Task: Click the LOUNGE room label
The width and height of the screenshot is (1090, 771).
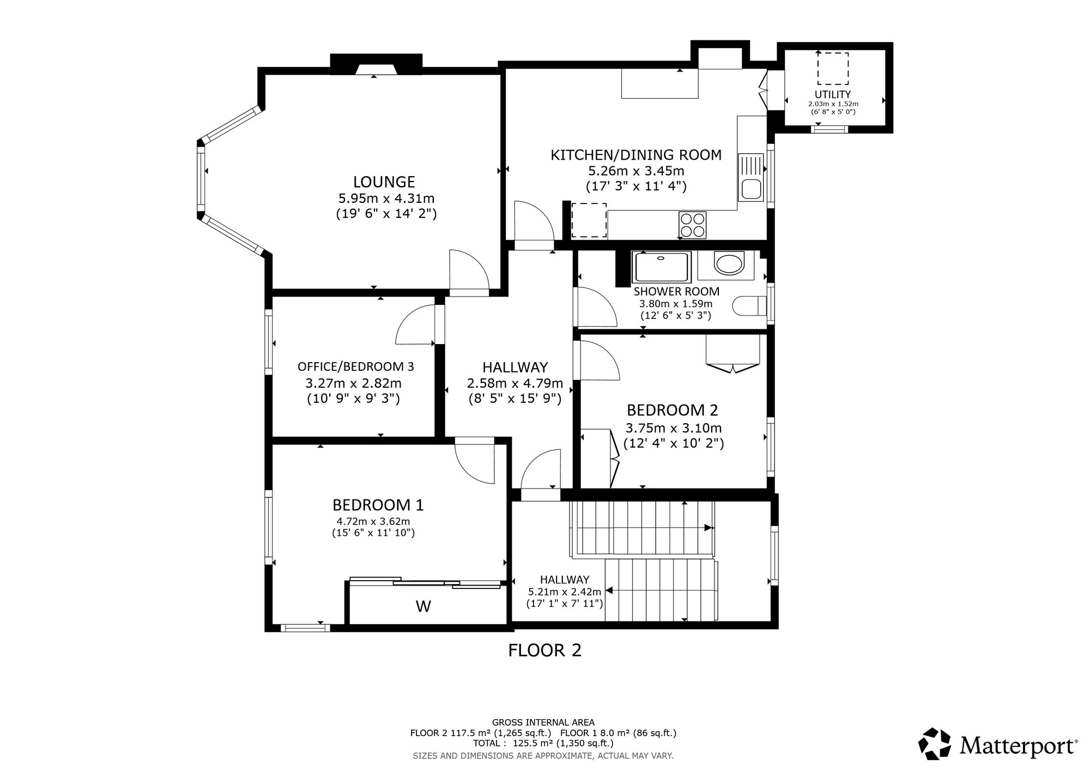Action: coord(384,182)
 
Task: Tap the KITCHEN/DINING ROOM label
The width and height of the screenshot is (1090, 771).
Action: coord(636,155)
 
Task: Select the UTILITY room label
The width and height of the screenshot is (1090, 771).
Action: coord(833,94)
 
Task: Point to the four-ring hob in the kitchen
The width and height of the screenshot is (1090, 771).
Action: coord(692,225)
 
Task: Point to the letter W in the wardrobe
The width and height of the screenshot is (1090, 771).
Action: coord(423,606)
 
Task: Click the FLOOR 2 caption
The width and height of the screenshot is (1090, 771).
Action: coord(545,650)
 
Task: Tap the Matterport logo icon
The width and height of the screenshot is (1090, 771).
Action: coord(936,743)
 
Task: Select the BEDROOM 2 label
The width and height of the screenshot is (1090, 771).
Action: coord(673,410)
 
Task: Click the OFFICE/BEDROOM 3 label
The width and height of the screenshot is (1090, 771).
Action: coord(356,366)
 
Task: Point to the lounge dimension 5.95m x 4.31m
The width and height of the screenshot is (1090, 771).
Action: coord(386,198)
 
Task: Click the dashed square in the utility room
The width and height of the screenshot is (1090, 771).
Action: coord(833,68)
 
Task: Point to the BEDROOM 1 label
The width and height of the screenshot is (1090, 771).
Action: coord(378,505)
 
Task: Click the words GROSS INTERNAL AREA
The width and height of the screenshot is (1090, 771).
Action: coord(543,722)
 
